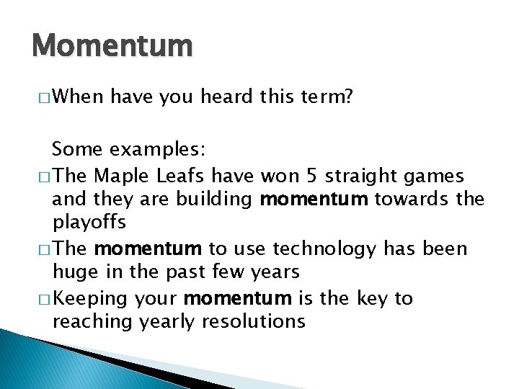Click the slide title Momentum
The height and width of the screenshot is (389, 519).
coord(112,45)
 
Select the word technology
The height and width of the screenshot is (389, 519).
coord(328,249)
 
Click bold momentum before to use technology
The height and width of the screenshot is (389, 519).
coord(148,249)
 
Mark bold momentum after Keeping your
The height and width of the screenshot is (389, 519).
coord(238,298)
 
